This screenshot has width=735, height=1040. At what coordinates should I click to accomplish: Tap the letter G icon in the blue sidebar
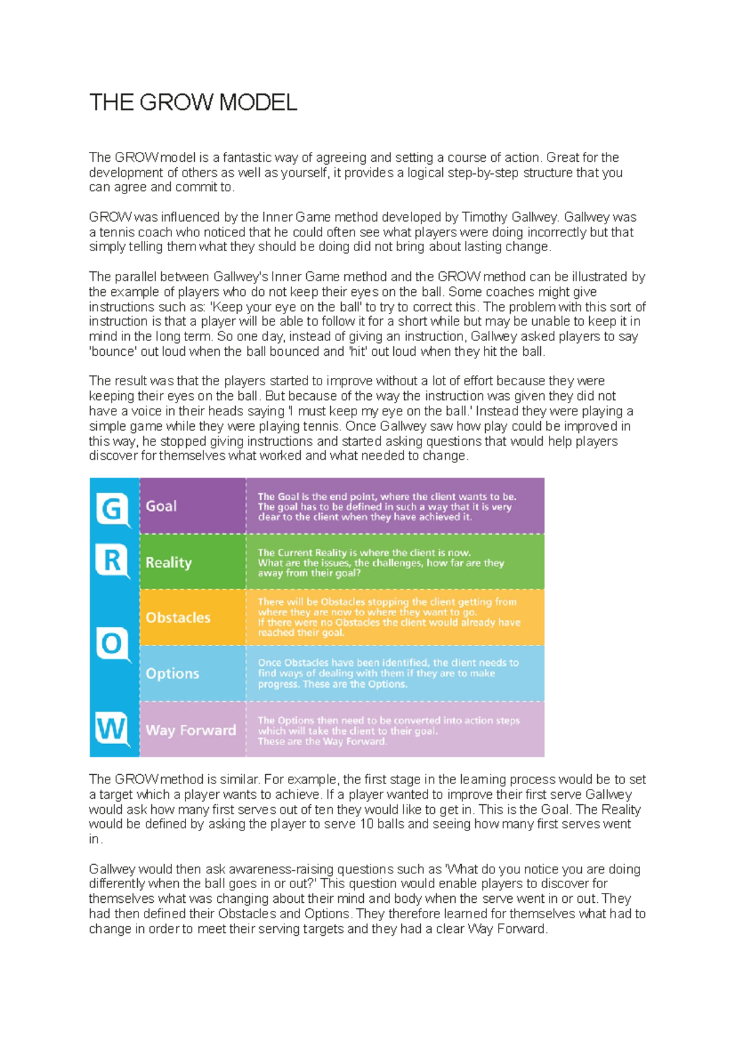112,509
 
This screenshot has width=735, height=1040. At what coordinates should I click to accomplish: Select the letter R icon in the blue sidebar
112,560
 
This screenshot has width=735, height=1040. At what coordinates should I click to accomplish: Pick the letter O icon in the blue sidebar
112,644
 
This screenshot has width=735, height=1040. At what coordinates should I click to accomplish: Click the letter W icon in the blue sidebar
111,729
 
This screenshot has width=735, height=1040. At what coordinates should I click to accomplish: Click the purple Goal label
161,507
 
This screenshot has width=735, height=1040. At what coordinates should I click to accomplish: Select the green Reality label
168,562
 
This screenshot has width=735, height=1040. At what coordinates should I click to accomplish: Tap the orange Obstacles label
178,617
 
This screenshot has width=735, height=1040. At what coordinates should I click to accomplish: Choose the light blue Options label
172,673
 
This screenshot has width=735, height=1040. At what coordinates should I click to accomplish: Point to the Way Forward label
190,730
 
